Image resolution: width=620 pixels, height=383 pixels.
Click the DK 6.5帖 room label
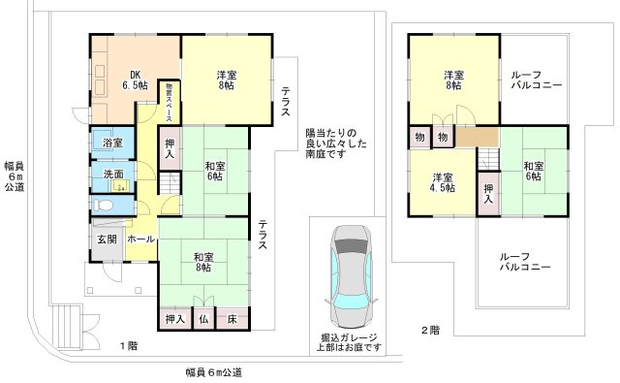coord(135,80)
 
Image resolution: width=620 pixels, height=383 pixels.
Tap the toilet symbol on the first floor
coord(104,205)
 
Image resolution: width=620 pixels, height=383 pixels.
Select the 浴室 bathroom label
coord(112,143)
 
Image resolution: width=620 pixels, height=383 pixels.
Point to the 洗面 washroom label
coord(113,174)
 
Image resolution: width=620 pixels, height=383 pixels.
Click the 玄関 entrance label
coord(108,239)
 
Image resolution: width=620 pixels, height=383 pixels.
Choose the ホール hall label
coord(140,239)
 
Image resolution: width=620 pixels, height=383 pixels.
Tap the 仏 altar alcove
coord(203,319)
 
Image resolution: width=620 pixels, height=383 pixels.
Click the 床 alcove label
coord(232,319)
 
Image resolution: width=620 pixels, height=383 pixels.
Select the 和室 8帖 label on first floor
coord(203,263)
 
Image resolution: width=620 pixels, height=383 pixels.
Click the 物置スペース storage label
coord(169,102)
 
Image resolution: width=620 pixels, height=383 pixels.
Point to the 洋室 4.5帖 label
coord(443,182)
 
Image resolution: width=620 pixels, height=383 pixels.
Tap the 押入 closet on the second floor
coord(488,194)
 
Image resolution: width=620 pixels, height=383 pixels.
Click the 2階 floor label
coord(430,330)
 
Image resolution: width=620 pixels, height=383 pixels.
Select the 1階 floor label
coord(129,346)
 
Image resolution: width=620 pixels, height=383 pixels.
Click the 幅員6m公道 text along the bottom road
coord(214,372)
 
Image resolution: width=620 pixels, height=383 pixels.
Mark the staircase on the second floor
coord(488,159)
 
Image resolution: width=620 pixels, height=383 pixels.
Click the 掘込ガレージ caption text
coord(349,337)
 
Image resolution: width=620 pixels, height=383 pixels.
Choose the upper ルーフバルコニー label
coord(537,80)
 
